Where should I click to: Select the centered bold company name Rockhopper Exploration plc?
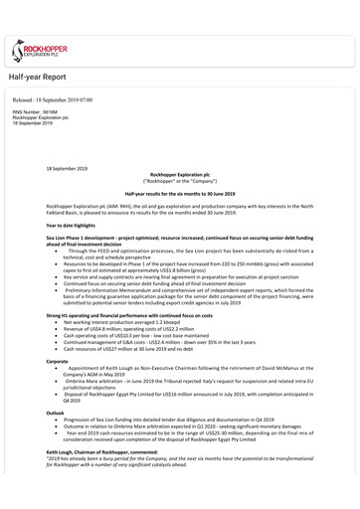tap(179, 172)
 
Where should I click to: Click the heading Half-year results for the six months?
tap(179, 191)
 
